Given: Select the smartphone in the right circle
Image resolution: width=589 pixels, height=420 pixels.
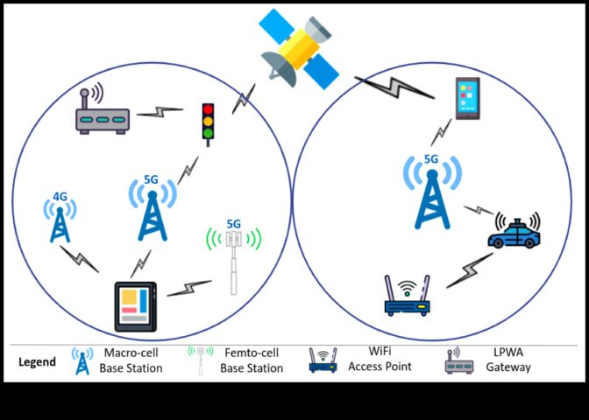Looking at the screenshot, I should (467, 98).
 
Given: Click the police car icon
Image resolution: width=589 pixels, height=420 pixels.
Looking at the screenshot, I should (514, 232).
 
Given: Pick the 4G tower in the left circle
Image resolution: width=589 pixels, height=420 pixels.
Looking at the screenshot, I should (60, 220).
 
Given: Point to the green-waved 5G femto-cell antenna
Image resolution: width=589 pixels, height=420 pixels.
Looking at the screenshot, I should (233, 259).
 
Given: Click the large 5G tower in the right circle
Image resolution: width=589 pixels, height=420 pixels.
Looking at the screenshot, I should (431, 197).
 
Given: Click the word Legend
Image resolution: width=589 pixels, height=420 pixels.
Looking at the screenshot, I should (38, 361).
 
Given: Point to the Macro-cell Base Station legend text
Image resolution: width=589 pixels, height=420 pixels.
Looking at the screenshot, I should (133, 360).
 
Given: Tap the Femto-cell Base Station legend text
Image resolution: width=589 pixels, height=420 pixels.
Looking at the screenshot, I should (252, 360).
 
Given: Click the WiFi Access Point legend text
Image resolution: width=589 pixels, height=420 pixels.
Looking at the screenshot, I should (378, 359).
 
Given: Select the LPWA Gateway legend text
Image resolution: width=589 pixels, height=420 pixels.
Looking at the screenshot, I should (508, 359).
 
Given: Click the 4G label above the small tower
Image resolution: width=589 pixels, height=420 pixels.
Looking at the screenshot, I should (60, 196).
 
